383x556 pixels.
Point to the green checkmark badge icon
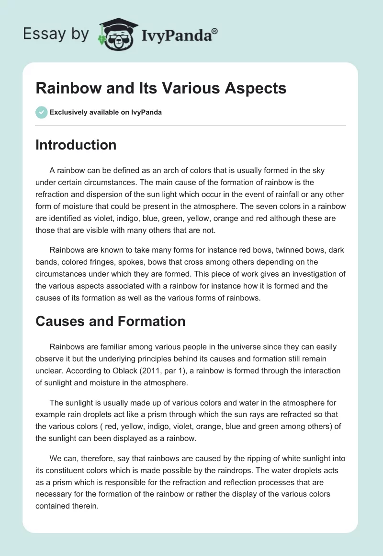(41, 112)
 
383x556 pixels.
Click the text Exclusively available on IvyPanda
(106, 113)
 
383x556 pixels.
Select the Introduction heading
(76, 145)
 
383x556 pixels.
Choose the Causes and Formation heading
(110, 321)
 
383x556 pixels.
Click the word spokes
(136, 262)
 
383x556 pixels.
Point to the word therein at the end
(85, 505)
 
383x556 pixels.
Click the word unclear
(49, 371)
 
